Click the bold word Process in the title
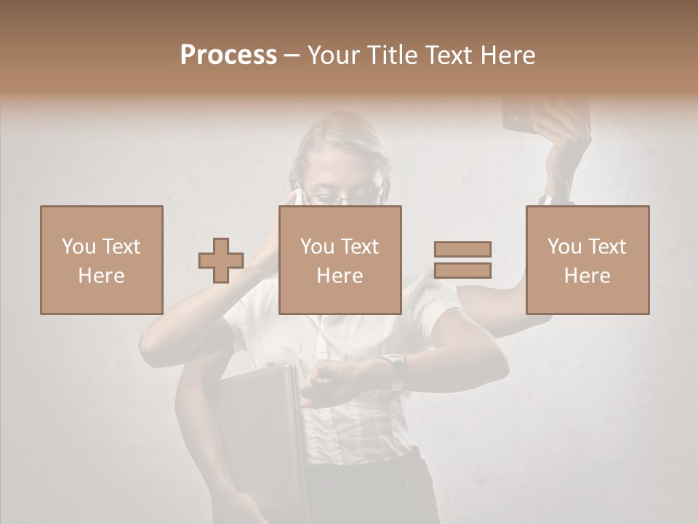pos(228,55)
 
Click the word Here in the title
pos(507,55)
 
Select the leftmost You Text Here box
pos(101,260)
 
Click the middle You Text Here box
pos(340,260)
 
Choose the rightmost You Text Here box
pos(587,260)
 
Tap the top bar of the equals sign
pos(462,250)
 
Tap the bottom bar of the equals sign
pos(462,271)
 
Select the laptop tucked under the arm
pos(258,429)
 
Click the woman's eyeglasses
pos(342,195)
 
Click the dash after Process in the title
pos(292,55)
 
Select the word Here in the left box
pos(101,275)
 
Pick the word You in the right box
pos(563,247)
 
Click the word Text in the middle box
pos(360,247)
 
